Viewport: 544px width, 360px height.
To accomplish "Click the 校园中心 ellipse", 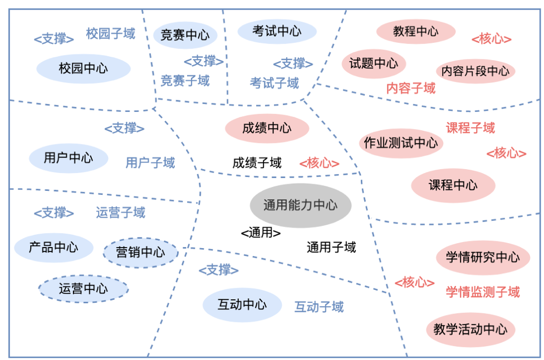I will pyautogui.click(x=84, y=69).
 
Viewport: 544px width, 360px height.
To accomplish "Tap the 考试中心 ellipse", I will pyautogui.click(x=277, y=31).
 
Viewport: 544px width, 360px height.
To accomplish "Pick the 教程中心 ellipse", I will pyautogui.click(x=415, y=31).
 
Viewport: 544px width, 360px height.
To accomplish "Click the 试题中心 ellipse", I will pyautogui.click(x=374, y=63).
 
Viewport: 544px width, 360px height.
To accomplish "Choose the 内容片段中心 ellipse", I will pyautogui.click(x=475, y=71).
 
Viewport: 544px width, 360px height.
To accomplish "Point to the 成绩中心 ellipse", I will pyautogui.click(x=267, y=129).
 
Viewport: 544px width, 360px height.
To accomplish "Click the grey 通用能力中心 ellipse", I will pyautogui.click(x=300, y=205).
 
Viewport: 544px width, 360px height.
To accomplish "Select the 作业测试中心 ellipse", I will pyautogui.click(x=401, y=143).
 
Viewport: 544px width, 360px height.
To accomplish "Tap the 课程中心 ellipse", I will pyautogui.click(x=453, y=185).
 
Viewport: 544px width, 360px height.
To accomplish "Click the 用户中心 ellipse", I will pyautogui.click(x=68, y=157).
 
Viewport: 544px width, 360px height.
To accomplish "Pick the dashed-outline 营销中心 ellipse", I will pyautogui.click(x=140, y=253).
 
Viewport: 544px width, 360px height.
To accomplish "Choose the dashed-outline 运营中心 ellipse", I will pyautogui.click(x=84, y=289).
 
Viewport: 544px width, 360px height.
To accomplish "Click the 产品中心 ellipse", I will pyautogui.click(x=53, y=248).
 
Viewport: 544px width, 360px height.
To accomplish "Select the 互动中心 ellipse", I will pyautogui.click(x=242, y=305).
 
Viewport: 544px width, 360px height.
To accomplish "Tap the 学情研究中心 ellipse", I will pyautogui.click(x=482, y=257).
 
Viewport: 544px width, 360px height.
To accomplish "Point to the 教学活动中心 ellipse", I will pyautogui.click(x=471, y=329).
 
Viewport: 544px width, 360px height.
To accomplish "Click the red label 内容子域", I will pyautogui.click(x=411, y=88).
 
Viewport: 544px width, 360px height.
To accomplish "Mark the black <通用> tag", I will pyautogui.click(x=261, y=233).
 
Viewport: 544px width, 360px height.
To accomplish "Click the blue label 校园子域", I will pyautogui.click(x=110, y=34).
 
